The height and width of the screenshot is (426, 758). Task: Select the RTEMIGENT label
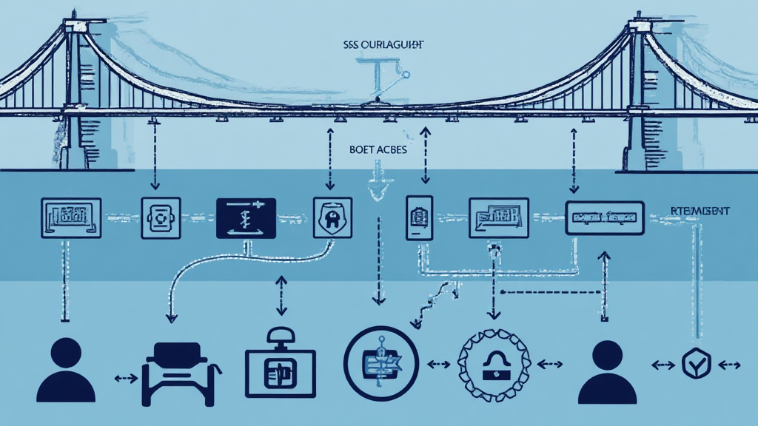click(x=700, y=212)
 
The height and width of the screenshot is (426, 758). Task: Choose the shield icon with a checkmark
click(x=696, y=364)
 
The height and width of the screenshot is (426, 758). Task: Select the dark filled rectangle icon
click(x=246, y=217)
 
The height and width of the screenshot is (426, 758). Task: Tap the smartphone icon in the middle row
click(x=418, y=217)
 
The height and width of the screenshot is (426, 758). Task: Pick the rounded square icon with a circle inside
click(x=161, y=217)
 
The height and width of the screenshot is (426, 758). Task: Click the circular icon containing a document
click(x=381, y=363)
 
